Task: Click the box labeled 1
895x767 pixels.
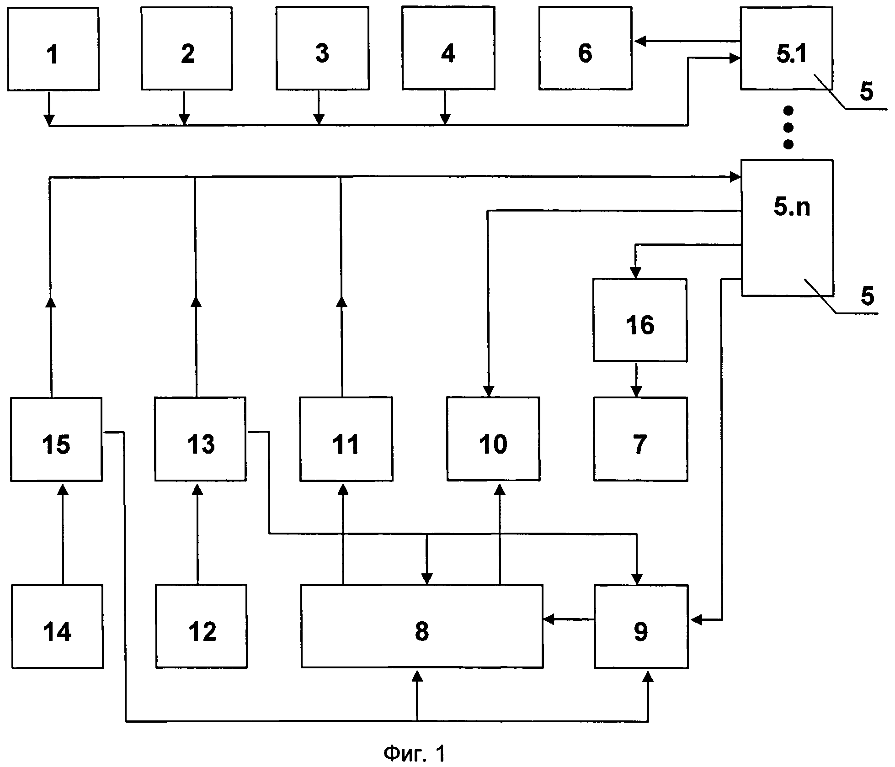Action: click(x=53, y=48)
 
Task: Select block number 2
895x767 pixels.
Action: click(x=186, y=48)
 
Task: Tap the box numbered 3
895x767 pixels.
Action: click(x=322, y=48)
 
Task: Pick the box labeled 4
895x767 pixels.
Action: click(x=448, y=48)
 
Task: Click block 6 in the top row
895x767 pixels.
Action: click(x=586, y=48)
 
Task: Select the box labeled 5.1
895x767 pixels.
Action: click(x=787, y=48)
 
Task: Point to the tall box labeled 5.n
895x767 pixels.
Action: click(x=787, y=227)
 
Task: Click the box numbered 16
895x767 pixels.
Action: click(x=640, y=320)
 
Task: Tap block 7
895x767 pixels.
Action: click(x=640, y=439)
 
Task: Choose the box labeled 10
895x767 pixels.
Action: click(x=493, y=439)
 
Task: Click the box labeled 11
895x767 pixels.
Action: click(x=346, y=439)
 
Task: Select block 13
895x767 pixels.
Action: click(x=200, y=439)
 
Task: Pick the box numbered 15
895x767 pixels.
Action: click(x=56, y=439)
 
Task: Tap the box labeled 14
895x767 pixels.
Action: click(x=57, y=626)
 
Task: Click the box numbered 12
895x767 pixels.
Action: click(x=201, y=626)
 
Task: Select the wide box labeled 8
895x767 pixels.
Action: click(x=422, y=626)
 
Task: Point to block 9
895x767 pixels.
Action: click(x=641, y=626)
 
